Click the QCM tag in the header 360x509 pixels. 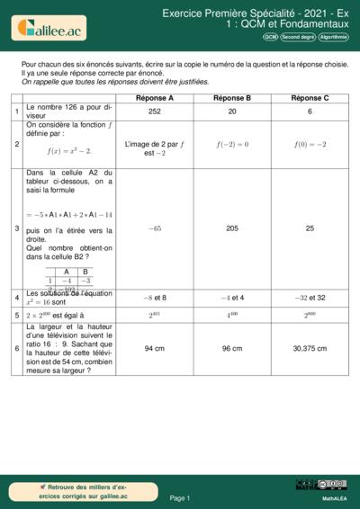tap(270, 38)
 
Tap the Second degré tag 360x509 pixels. tap(298, 38)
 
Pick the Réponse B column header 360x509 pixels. tap(232, 97)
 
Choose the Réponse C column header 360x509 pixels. tap(310, 97)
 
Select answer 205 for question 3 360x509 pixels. tap(232, 228)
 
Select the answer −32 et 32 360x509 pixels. tap(310, 297)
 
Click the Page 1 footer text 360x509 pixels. tap(179, 497)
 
